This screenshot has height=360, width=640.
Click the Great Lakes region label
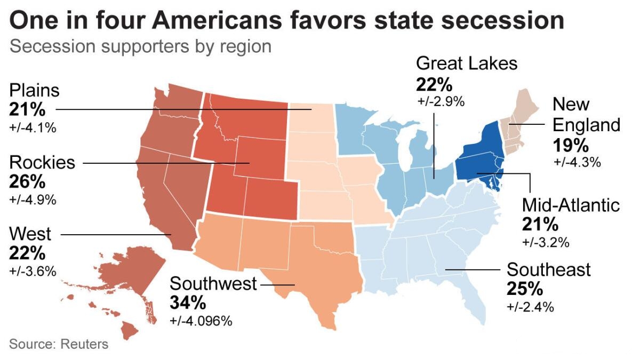tap(466, 63)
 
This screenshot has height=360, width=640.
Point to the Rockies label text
tap(43, 162)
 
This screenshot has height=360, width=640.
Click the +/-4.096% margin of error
tap(201, 321)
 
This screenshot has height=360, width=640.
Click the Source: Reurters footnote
tap(58, 344)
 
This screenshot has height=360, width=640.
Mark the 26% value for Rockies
tap(27, 181)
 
